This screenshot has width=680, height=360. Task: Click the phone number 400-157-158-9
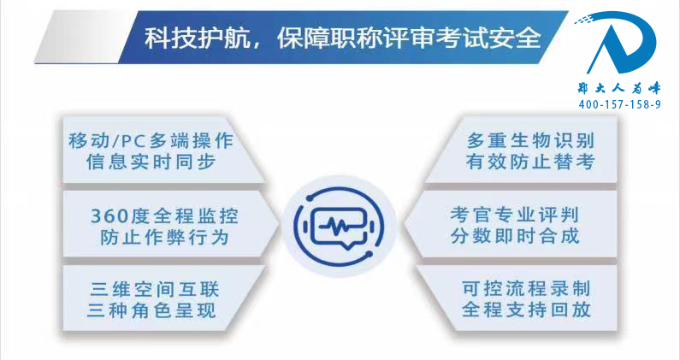tap(619, 104)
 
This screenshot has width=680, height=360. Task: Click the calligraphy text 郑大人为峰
tap(619, 88)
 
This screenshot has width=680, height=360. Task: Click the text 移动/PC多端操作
tap(151, 141)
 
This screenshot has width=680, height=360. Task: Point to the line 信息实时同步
tap(151, 162)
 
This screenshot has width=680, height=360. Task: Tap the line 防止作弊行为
tap(164, 237)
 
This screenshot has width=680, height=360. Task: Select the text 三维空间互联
tap(154, 290)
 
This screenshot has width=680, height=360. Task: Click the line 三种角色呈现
tap(151, 310)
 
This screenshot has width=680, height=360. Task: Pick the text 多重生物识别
tap(530, 141)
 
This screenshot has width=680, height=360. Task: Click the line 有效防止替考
tap(530, 162)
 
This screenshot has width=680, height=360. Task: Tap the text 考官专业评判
tap(514, 215)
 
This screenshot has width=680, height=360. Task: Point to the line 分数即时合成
tap(514, 236)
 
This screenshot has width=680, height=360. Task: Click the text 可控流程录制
tap(526, 288)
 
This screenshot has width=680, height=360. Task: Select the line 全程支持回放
tap(526, 310)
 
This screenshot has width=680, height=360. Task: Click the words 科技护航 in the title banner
tap(198, 38)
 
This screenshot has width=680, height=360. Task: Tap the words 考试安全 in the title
tap(488, 38)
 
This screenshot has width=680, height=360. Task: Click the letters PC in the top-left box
tap(133, 141)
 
